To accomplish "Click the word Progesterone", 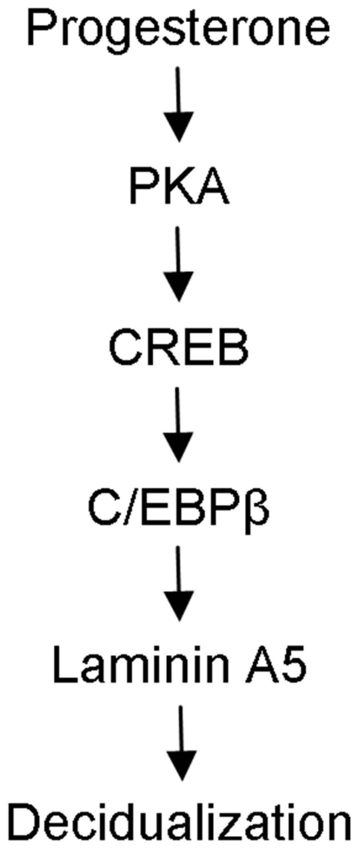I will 180,31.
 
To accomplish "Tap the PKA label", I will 179,190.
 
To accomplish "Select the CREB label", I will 179,349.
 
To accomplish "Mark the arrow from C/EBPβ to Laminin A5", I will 179,584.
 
